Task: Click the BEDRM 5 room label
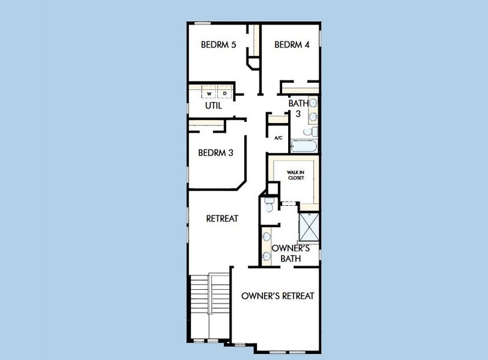click(218, 45)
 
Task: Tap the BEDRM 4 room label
click(292, 45)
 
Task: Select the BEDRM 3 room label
click(215, 153)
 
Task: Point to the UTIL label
click(214, 106)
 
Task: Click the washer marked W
click(209, 93)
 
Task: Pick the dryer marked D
click(224, 93)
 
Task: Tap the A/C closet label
click(279, 138)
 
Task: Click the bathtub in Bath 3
click(304, 146)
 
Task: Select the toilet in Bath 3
click(310, 132)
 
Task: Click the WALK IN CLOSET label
click(296, 175)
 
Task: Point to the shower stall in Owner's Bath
click(309, 227)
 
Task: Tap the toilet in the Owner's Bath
click(269, 205)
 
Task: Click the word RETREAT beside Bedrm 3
click(222, 218)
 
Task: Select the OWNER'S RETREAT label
click(277, 296)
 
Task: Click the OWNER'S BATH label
click(291, 253)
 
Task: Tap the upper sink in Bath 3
click(313, 103)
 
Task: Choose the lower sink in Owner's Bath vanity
click(267, 256)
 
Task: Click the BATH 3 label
click(298, 108)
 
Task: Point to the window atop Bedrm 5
click(202, 23)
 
